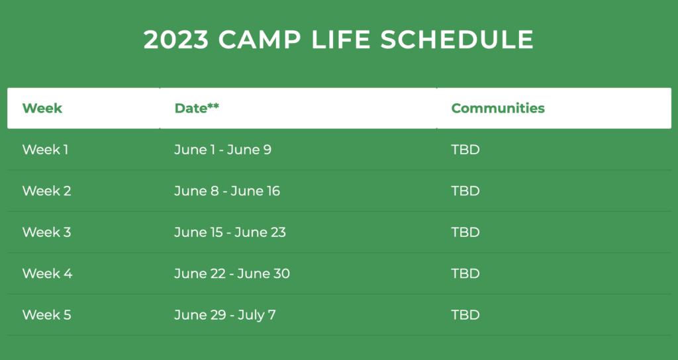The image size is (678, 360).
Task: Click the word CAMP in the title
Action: (260, 40)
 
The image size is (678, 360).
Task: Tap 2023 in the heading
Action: (176, 40)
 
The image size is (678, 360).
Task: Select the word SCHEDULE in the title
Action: (457, 40)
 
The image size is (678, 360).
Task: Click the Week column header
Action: (42, 108)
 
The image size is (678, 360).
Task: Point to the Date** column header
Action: (197, 108)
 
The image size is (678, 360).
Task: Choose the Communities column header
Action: (498, 108)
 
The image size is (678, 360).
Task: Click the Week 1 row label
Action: (45, 150)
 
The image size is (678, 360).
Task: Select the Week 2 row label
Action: (47, 191)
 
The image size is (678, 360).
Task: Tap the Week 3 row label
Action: (47, 232)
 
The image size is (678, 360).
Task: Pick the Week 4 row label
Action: (47, 273)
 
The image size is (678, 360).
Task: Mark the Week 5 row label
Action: (47, 314)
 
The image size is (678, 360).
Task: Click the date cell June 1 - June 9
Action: (222, 150)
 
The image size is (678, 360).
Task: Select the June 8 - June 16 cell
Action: (227, 191)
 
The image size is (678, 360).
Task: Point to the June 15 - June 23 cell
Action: (230, 232)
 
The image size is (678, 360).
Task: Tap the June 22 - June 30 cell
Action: (232, 273)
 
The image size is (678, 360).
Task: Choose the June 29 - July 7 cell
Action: (225, 315)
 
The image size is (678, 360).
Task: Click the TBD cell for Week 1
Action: (465, 150)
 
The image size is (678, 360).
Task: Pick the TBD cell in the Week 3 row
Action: (465, 232)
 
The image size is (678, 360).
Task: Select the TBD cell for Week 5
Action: (465, 314)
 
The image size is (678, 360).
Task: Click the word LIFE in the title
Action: (341, 40)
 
